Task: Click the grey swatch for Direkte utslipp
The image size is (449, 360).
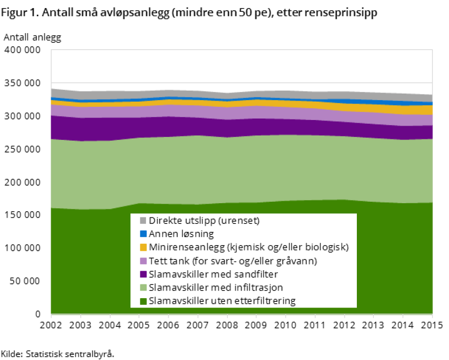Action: [143, 221]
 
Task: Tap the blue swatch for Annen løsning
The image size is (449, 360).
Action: [143, 234]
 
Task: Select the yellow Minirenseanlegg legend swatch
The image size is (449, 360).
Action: [143, 247]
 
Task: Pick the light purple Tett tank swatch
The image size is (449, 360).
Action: [143, 261]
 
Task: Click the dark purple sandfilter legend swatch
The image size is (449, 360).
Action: [143, 274]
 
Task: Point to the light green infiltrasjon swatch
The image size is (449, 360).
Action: [143, 287]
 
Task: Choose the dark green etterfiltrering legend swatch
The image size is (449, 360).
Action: [143, 301]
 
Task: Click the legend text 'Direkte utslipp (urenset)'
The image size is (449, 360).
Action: [204, 221]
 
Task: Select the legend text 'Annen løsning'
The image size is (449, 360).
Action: [181, 234]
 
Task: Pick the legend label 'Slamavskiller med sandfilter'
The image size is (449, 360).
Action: [213, 274]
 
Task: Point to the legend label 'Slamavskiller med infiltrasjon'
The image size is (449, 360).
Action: [216, 287]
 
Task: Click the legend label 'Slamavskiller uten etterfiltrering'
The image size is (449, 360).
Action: [222, 301]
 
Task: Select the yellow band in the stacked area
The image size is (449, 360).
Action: [402, 110]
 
